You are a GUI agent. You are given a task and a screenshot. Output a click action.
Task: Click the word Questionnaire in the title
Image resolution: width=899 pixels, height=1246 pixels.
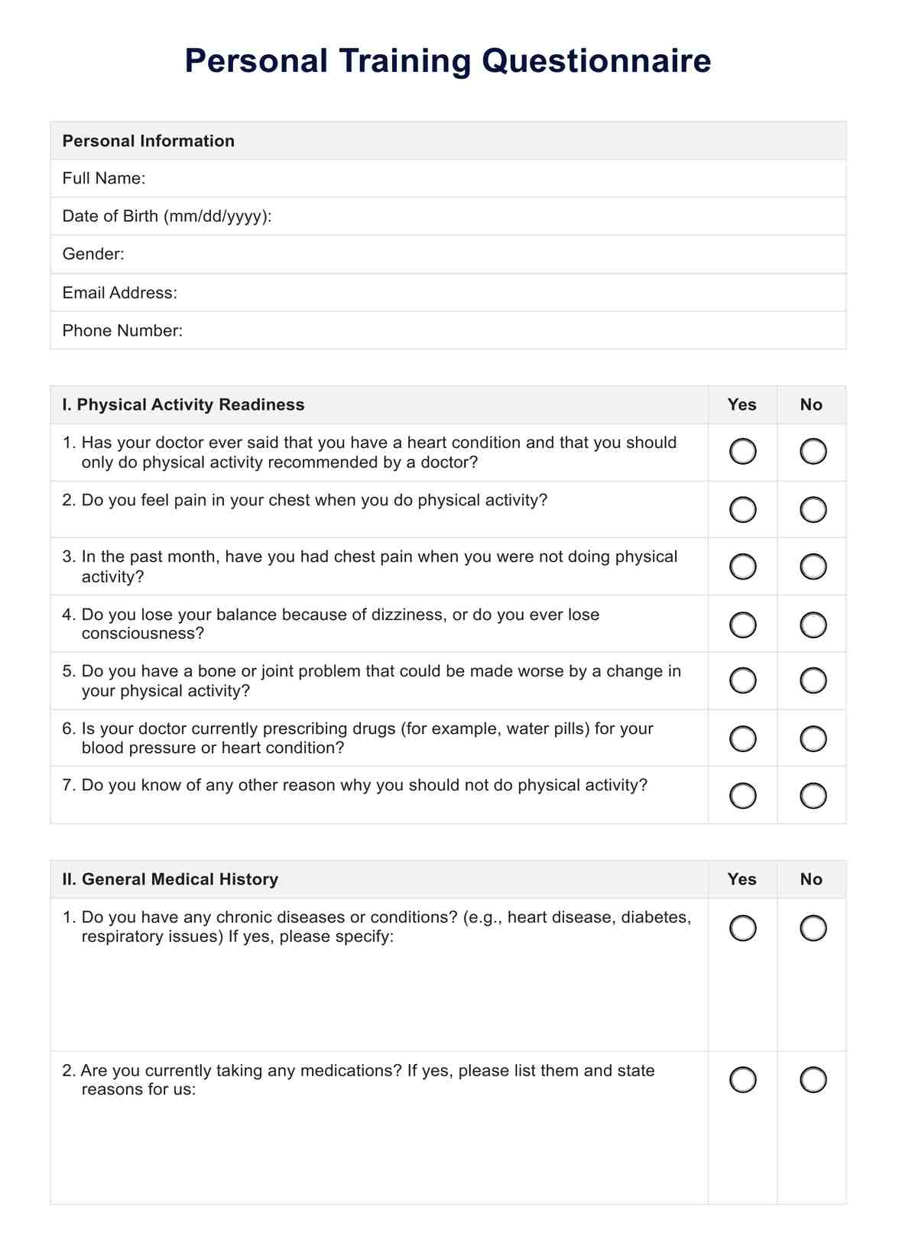596,62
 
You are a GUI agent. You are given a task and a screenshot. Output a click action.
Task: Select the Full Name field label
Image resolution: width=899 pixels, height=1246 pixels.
104,178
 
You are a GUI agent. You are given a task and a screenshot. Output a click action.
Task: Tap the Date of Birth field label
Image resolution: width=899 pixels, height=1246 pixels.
167,216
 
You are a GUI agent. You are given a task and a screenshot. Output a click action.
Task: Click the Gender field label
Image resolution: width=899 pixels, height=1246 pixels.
93,254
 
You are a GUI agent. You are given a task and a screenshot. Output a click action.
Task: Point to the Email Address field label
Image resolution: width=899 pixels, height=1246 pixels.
119,293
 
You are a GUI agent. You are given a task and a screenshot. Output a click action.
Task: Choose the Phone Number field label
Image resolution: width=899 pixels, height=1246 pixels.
122,330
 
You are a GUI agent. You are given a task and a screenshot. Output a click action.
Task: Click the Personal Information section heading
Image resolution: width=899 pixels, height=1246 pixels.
148,141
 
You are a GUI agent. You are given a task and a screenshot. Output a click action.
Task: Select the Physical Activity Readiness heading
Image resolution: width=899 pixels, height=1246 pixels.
183,404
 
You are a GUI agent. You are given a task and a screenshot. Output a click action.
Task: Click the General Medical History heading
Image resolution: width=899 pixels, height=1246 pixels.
170,879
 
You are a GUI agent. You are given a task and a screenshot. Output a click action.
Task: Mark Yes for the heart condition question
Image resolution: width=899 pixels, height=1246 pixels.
743,452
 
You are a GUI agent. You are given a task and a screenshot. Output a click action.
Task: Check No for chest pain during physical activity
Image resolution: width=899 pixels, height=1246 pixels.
813,509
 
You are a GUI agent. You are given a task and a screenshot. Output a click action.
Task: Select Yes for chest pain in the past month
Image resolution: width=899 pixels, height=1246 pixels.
743,566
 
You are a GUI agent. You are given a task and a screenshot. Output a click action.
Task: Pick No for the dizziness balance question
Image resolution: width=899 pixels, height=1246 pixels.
813,625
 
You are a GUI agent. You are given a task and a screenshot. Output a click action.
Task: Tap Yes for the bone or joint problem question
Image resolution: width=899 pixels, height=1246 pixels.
743,680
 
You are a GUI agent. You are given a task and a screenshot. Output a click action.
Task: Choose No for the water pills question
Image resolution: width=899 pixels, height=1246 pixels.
813,738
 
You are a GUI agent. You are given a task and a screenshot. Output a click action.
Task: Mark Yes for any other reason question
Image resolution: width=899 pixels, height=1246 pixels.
743,796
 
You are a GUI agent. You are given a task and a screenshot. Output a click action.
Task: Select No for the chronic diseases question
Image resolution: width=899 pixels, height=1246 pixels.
813,928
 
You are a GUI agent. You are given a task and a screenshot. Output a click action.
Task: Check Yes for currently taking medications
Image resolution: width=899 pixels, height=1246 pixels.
743,1080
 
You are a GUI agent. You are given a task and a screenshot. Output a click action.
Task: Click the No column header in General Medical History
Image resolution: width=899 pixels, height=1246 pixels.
811,879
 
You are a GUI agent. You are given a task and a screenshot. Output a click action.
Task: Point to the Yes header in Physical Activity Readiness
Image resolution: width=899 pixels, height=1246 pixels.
742,404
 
